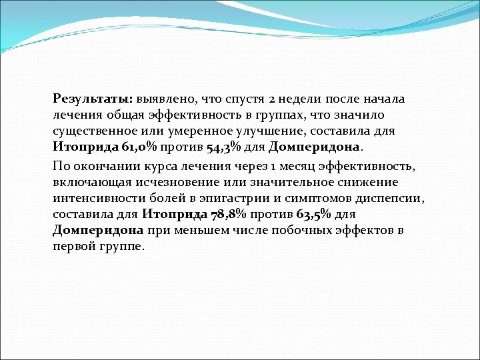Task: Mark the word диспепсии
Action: tap(393, 199)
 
